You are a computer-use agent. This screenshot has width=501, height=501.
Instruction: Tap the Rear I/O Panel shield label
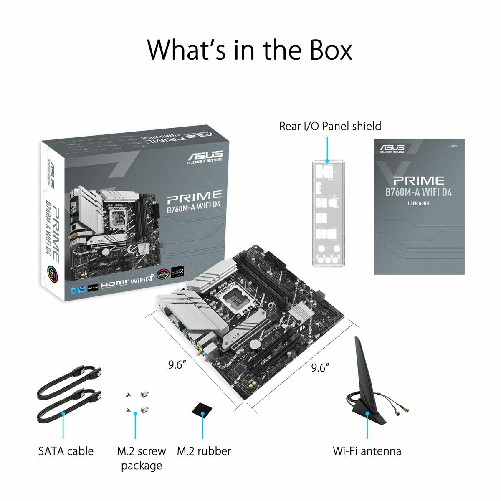(x=330, y=126)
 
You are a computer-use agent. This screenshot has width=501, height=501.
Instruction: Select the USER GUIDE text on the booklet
(x=418, y=204)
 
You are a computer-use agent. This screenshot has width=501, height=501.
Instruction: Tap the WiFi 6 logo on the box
(x=140, y=282)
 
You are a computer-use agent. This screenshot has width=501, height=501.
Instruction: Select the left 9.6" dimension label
(x=177, y=365)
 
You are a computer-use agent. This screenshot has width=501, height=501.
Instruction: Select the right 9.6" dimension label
(x=320, y=367)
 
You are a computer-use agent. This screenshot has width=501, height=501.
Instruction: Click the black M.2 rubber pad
(x=202, y=409)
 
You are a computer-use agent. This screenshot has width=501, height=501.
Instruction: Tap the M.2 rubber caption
(x=204, y=451)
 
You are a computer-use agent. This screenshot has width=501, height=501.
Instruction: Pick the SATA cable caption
(x=66, y=451)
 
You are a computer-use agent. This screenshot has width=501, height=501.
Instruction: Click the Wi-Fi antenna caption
(x=367, y=451)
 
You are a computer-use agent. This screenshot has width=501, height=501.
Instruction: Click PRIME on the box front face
(x=194, y=195)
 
